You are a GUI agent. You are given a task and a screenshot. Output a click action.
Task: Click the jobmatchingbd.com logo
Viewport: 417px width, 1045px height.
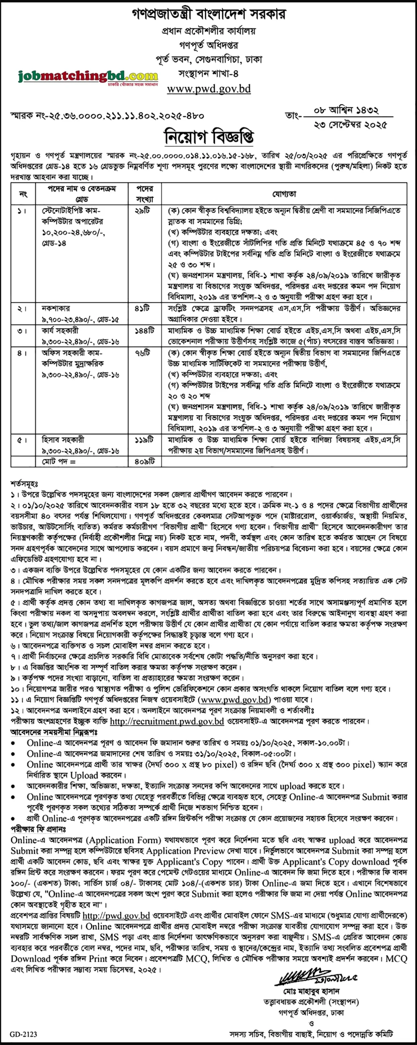(88, 76)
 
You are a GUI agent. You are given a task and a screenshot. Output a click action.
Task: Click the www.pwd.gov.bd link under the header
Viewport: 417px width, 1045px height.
(209, 89)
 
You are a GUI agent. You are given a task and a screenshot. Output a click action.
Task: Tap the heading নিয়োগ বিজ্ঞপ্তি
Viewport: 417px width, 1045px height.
(209, 137)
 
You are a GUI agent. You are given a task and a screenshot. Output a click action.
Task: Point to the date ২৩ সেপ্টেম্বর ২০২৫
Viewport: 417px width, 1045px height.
(350, 125)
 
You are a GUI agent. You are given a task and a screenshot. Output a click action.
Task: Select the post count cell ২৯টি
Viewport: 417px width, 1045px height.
(143, 211)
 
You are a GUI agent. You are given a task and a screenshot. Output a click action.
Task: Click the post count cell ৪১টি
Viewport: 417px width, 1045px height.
(143, 309)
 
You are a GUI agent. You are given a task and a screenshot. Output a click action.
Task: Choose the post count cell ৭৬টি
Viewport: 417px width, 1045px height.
(143, 353)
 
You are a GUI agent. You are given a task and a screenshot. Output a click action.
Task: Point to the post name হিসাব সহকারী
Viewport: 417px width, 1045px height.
(63, 440)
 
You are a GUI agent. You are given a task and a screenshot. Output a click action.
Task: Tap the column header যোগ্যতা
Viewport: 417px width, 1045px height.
(284, 194)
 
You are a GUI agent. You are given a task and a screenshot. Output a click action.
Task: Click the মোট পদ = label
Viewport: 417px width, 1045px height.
(60, 462)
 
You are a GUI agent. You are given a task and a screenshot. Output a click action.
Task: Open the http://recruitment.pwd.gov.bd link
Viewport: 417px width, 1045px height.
(167, 721)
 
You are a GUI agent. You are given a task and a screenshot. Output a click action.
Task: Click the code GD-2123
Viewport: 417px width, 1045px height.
(24, 1034)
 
